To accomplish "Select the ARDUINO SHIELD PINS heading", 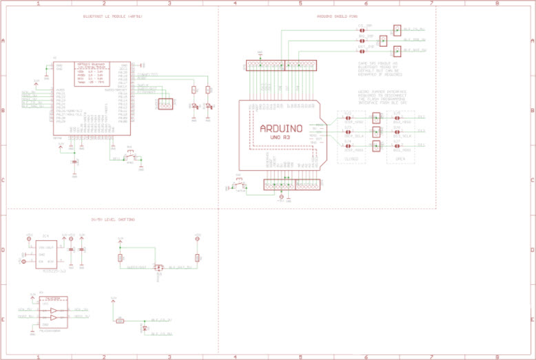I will (x=337, y=16).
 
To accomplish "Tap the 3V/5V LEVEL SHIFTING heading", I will (x=113, y=220).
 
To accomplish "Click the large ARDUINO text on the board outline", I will (x=280, y=128).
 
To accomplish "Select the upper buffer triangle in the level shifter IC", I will (x=52, y=310).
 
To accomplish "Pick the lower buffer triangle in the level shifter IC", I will (x=52, y=318).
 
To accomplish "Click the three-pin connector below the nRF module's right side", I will (x=165, y=104).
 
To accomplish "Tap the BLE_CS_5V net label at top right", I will (x=414, y=30).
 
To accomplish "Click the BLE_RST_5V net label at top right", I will (x=415, y=50).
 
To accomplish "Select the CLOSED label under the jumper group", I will (x=352, y=158).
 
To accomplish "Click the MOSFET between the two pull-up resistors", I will (x=158, y=268).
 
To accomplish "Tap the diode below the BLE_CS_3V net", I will (x=144, y=330).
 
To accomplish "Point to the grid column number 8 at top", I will (x=497, y=3).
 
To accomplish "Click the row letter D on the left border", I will (x=3, y=250).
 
